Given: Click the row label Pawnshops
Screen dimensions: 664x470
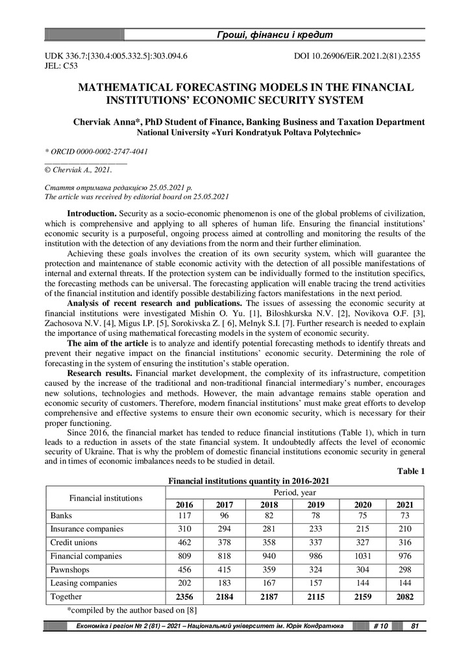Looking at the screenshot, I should (69, 569).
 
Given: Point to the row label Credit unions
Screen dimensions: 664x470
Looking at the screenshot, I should (73, 542).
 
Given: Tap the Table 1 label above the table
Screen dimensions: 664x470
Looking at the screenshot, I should (410, 471).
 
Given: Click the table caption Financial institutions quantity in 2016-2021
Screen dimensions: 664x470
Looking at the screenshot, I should (249, 481).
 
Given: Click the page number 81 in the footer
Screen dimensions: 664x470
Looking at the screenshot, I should (413, 626).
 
